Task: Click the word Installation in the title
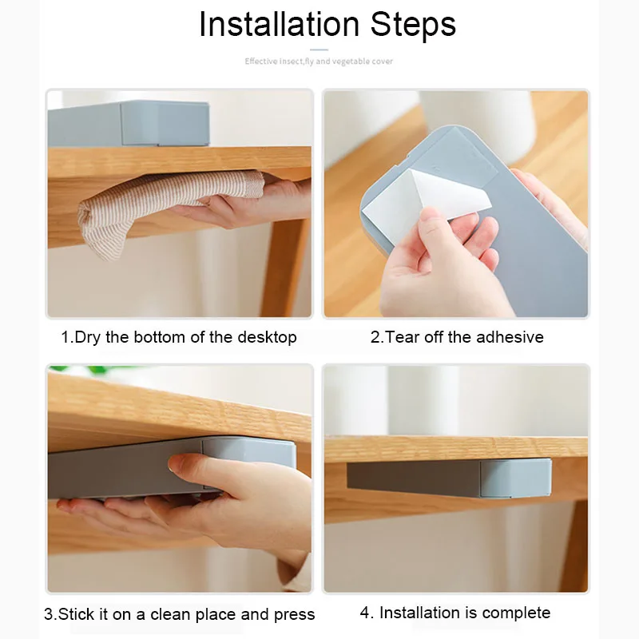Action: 279,24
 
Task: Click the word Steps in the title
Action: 413,25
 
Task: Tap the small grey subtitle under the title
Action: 319,62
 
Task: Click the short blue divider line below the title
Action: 319,50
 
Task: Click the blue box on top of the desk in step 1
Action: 129,123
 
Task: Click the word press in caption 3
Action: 294,614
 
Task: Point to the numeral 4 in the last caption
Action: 365,613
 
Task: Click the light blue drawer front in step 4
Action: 515,478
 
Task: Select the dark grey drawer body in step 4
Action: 414,478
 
